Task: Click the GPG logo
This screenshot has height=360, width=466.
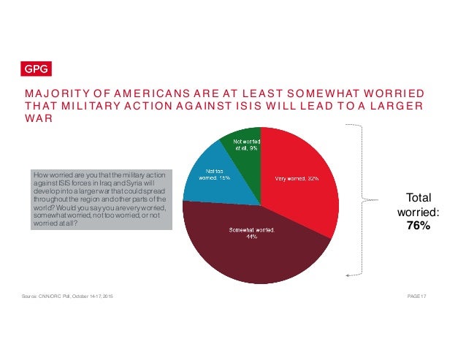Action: pyautogui.click(x=34, y=71)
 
